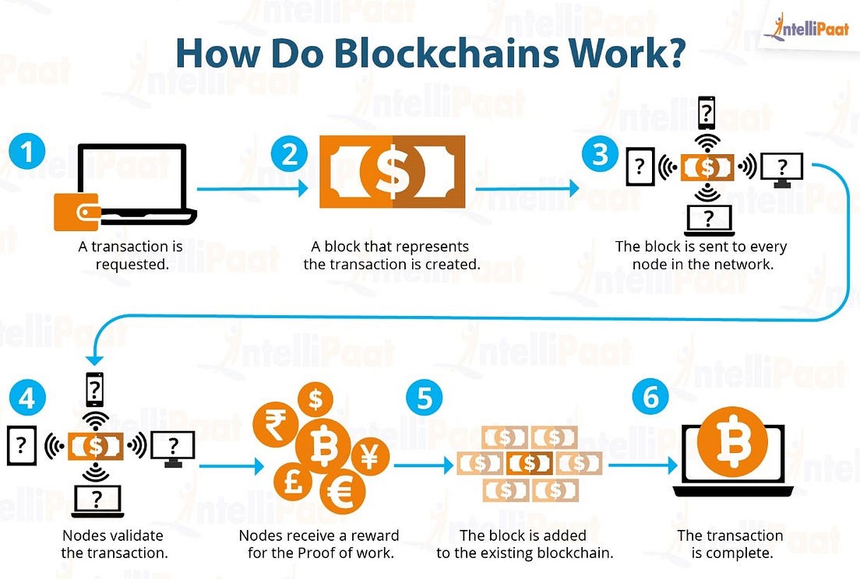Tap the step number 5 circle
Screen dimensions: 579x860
[x=425, y=398]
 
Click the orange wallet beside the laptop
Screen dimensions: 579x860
[x=76, y=212]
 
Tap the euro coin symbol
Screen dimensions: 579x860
[x=344, y=492]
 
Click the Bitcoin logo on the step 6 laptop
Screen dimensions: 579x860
[x=732, y=443]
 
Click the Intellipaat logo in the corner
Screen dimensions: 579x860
[x=805, y=27]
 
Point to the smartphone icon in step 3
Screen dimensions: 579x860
[x=707, y=114]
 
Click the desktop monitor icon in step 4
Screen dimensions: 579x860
[x=173, y=447]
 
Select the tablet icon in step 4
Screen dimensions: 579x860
[x=20, y=445]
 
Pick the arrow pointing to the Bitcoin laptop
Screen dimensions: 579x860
[x=643, y=465]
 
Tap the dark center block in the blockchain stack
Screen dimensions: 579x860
[x=530, y=463]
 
